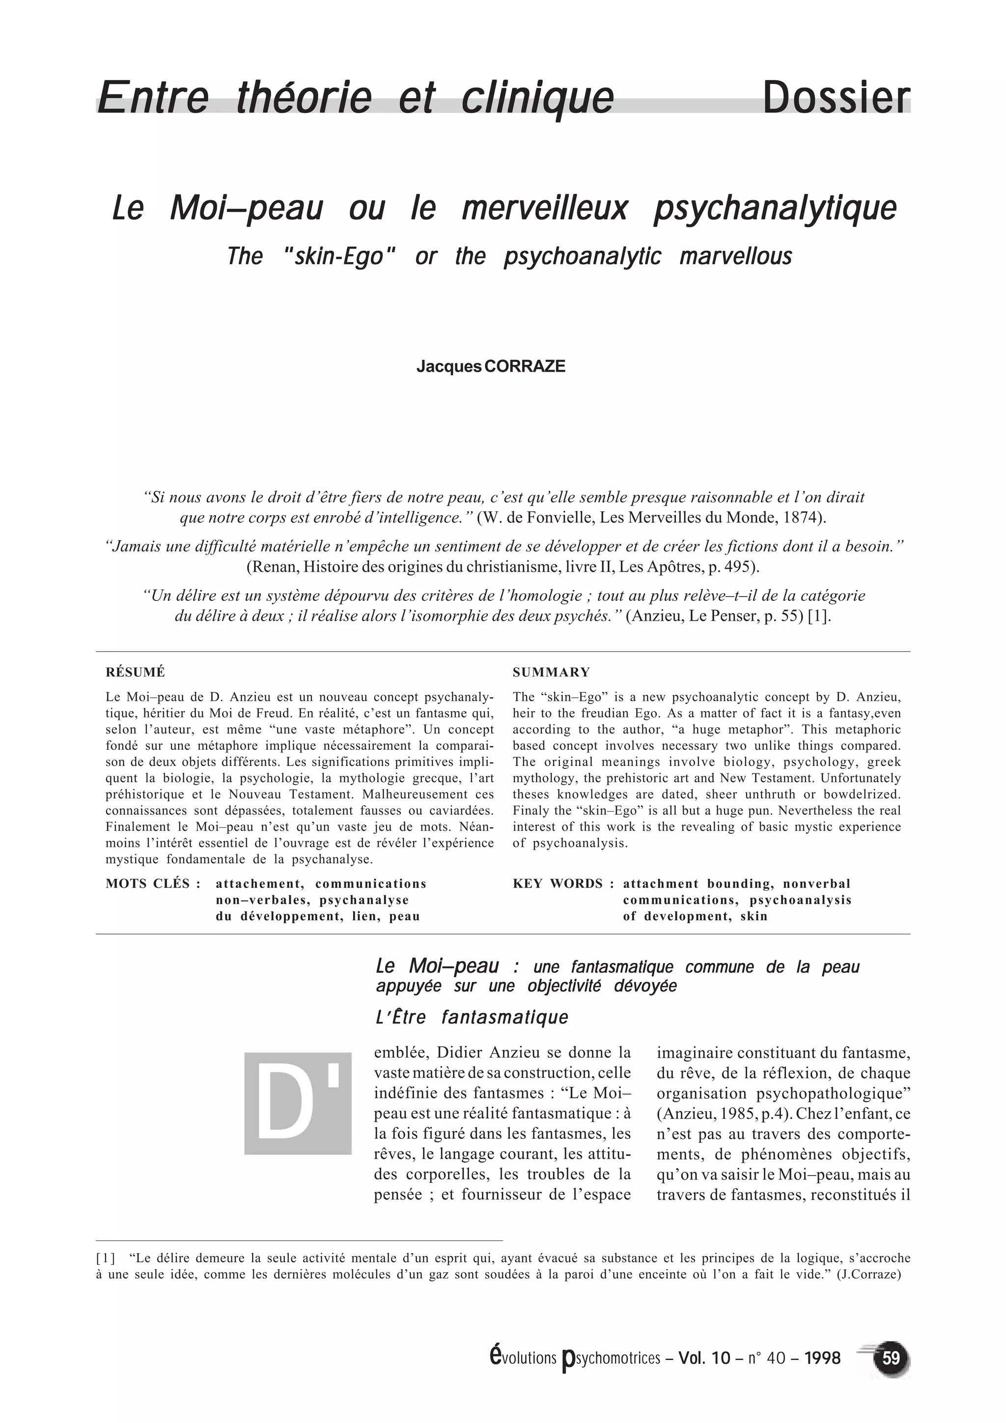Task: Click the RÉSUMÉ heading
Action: (x=135, y=672)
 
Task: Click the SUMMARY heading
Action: (x=551, y=672)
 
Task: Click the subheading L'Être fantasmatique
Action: (x=472, y=1017)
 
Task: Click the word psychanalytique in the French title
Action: (x=775, y=208)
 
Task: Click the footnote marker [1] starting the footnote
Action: (x=106, y=1258)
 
